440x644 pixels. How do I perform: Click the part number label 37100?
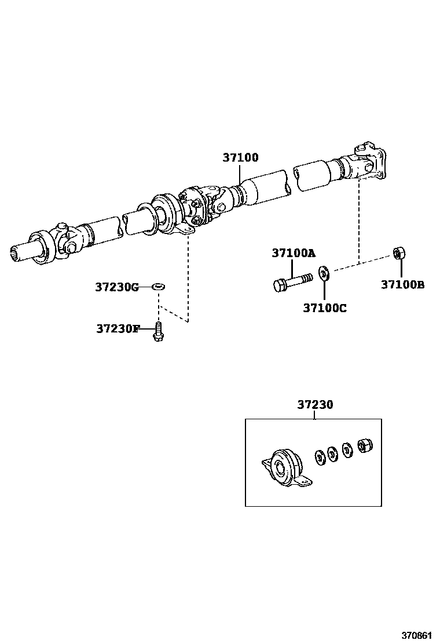240,158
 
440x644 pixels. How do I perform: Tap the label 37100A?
294,253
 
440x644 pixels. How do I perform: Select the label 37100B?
402,284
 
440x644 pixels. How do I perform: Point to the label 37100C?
324,308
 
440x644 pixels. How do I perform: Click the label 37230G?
117,286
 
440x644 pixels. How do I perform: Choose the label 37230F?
118,328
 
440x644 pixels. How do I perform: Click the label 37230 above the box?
315,405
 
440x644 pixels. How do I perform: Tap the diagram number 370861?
418,635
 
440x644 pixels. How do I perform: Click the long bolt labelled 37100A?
292,282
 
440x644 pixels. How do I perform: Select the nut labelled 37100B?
399,253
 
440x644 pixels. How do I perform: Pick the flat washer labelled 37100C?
324,272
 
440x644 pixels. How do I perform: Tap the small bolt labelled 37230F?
157,332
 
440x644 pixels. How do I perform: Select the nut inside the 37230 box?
365,446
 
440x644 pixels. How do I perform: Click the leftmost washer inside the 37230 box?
320,457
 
